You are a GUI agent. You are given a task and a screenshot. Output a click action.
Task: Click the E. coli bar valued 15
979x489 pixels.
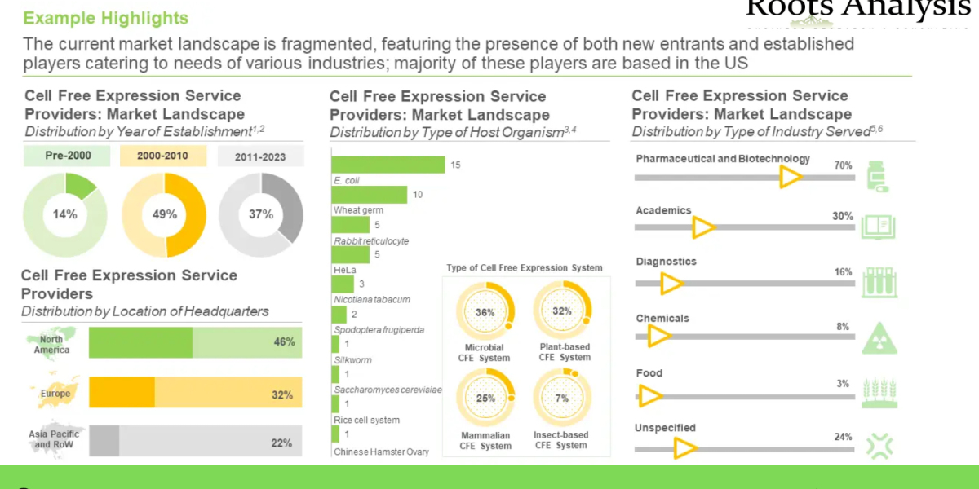(388, 165)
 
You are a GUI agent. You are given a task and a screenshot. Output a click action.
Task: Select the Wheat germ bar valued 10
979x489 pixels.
(370, 195)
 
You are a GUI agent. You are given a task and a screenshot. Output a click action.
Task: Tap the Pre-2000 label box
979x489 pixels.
(69, 156)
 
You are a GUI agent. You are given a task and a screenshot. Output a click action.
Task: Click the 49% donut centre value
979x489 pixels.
(164, 214)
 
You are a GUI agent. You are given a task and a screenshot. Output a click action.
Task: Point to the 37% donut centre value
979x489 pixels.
(261, 214)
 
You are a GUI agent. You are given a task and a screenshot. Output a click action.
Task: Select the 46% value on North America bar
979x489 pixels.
(284, 342)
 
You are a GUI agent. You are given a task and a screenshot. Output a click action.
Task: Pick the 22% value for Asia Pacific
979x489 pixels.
(281, 443)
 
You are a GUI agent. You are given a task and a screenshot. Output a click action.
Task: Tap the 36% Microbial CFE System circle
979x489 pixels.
(485, 312)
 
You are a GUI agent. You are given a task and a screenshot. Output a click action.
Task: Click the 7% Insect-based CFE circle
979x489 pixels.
(562, 399)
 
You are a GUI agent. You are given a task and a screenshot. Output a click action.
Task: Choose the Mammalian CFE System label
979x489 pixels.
(485, 440)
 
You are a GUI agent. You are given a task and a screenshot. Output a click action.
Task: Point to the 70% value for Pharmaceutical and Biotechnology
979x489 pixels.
(843, 165)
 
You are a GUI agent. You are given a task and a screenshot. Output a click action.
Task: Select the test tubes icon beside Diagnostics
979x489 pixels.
(879, 282)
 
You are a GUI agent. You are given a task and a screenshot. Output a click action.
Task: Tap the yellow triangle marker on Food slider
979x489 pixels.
(650, 396)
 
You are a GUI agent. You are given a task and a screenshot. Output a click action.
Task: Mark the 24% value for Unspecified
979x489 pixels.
(843, 437)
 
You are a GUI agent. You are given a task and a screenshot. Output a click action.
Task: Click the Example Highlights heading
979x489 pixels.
(106, 18)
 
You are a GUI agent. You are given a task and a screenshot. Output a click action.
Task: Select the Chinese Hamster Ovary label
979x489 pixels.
(381, 452)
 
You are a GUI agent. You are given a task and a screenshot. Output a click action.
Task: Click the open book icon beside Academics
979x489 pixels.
(879, 227)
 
